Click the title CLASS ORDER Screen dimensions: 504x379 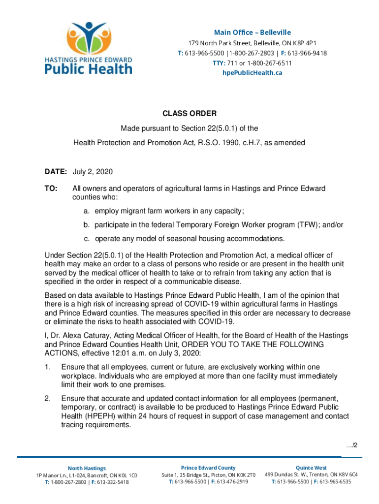click(189, 114)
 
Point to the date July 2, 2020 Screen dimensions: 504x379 click(93, 172)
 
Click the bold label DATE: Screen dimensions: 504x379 click(56, 172)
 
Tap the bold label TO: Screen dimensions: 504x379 click(51, 189)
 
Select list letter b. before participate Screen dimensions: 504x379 click(86, 224)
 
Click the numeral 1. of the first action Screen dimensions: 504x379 click(48, 367)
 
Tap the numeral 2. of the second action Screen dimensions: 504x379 click(48, 398)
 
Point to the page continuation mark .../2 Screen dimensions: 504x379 click(351, 445)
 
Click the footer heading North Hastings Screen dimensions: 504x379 click(87, 468)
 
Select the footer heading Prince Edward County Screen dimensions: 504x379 click(208, 468)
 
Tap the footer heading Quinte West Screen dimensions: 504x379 click(311, 468)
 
